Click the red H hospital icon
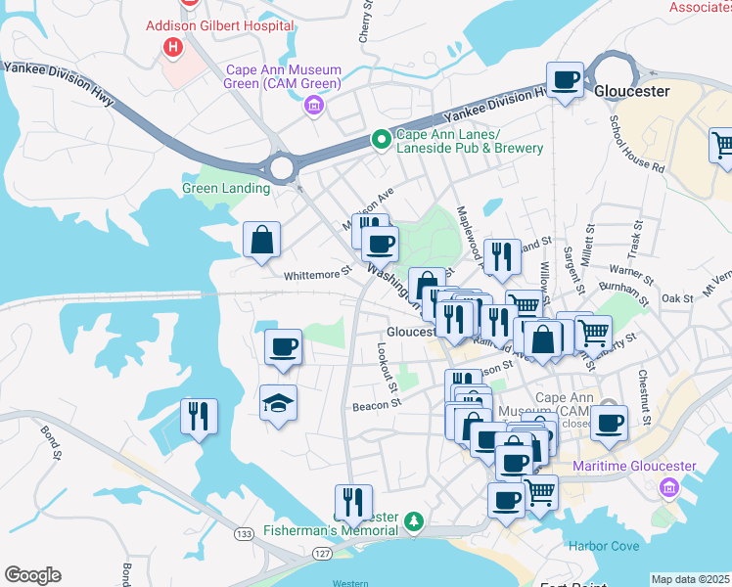click(173, 46)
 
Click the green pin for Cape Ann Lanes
click(381, 141)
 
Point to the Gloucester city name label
click(631, 91)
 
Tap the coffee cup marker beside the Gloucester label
click(565, 80)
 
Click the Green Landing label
click(225, 188)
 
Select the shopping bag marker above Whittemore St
click(262, 240)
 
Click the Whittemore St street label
click(316, 275)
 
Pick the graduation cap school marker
click(279, 402)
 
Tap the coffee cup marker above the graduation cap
click(284, 346)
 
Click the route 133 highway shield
click(242, 533)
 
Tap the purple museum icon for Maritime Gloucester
click(669, 486)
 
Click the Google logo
click(32, 575)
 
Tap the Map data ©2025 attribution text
click(690, 579)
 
